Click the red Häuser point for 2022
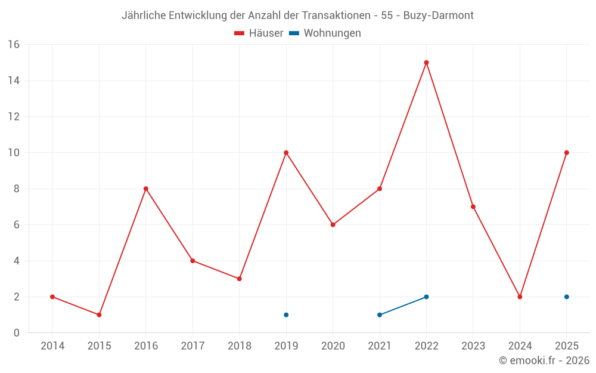(x=426, y=63)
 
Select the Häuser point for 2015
(x=99, y=315)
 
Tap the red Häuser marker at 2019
(x=286, y=153)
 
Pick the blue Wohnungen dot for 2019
(x=286, y=315)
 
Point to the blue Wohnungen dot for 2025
(x=567, y=297)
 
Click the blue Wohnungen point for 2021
(x=380, y=315)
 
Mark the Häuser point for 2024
(x=520, y=297)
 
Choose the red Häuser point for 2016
(x=146, y=189)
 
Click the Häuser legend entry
(x=259, y=33)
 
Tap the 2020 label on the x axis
(x=333, y=346)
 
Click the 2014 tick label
(x=52, y=346)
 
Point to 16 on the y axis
(x=13, y=45)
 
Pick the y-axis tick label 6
(x=16, y=225)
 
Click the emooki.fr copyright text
(x=544, y=360)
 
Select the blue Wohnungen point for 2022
(x=426, y=297)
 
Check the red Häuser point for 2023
(x=473, y=206)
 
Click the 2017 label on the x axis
(x=193, y=346)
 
